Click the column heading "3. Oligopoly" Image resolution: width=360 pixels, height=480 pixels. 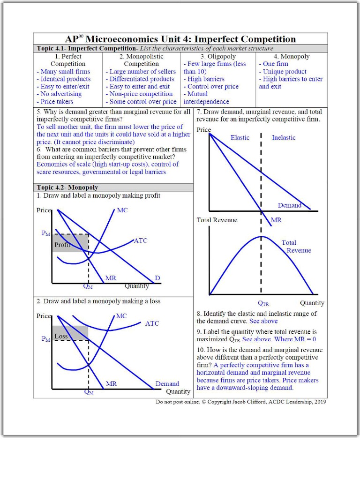[218, 56]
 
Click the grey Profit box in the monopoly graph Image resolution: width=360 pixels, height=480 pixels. [70, 243]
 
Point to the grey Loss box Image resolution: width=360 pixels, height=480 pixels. [70, 333]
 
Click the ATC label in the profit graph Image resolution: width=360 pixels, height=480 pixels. [141, 240]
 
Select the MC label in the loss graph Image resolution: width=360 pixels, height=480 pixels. [121, 316]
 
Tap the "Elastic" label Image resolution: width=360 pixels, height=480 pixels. [240, 137]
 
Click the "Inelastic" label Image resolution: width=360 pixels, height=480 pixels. [284, 137]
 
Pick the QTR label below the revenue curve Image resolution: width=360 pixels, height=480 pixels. [263, 303]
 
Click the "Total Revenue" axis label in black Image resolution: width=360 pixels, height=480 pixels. [217, 220]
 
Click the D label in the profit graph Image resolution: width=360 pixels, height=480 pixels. [157, 278]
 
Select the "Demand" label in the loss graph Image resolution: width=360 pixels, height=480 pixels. [167, 383]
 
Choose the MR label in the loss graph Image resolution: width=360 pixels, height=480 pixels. [111, 383]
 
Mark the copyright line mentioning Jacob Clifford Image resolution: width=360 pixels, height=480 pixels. [241, 402]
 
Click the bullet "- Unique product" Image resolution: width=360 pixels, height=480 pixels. [285, 71]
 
